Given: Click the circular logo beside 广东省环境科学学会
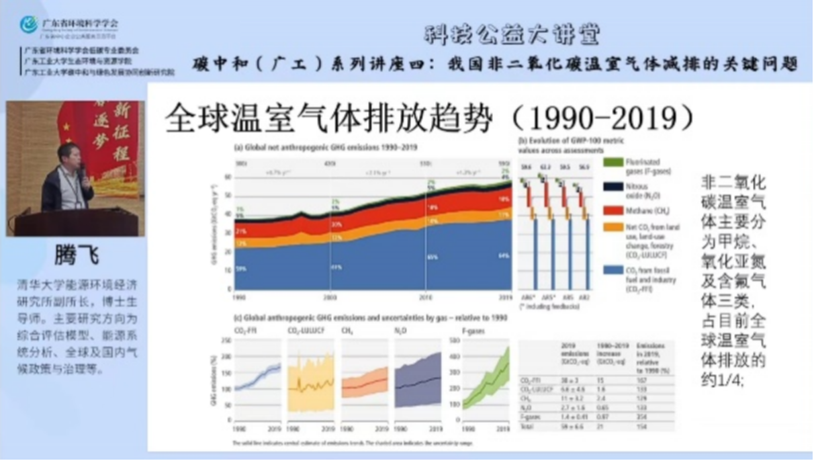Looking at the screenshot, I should tap(29, 25).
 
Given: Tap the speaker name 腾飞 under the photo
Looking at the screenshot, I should tap(76, 256).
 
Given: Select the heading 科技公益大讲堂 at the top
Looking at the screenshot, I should tap(512, 34).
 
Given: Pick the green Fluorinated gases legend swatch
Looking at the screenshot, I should tap(611, 162).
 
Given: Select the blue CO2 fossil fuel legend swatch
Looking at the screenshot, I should tap(611, 269).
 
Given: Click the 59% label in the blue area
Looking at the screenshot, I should tap(240, 269).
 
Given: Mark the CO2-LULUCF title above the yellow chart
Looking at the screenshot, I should tap(304, 331).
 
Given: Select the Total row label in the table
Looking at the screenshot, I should tap(527, 427).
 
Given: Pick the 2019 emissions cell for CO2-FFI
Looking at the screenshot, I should tap(572, 380).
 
